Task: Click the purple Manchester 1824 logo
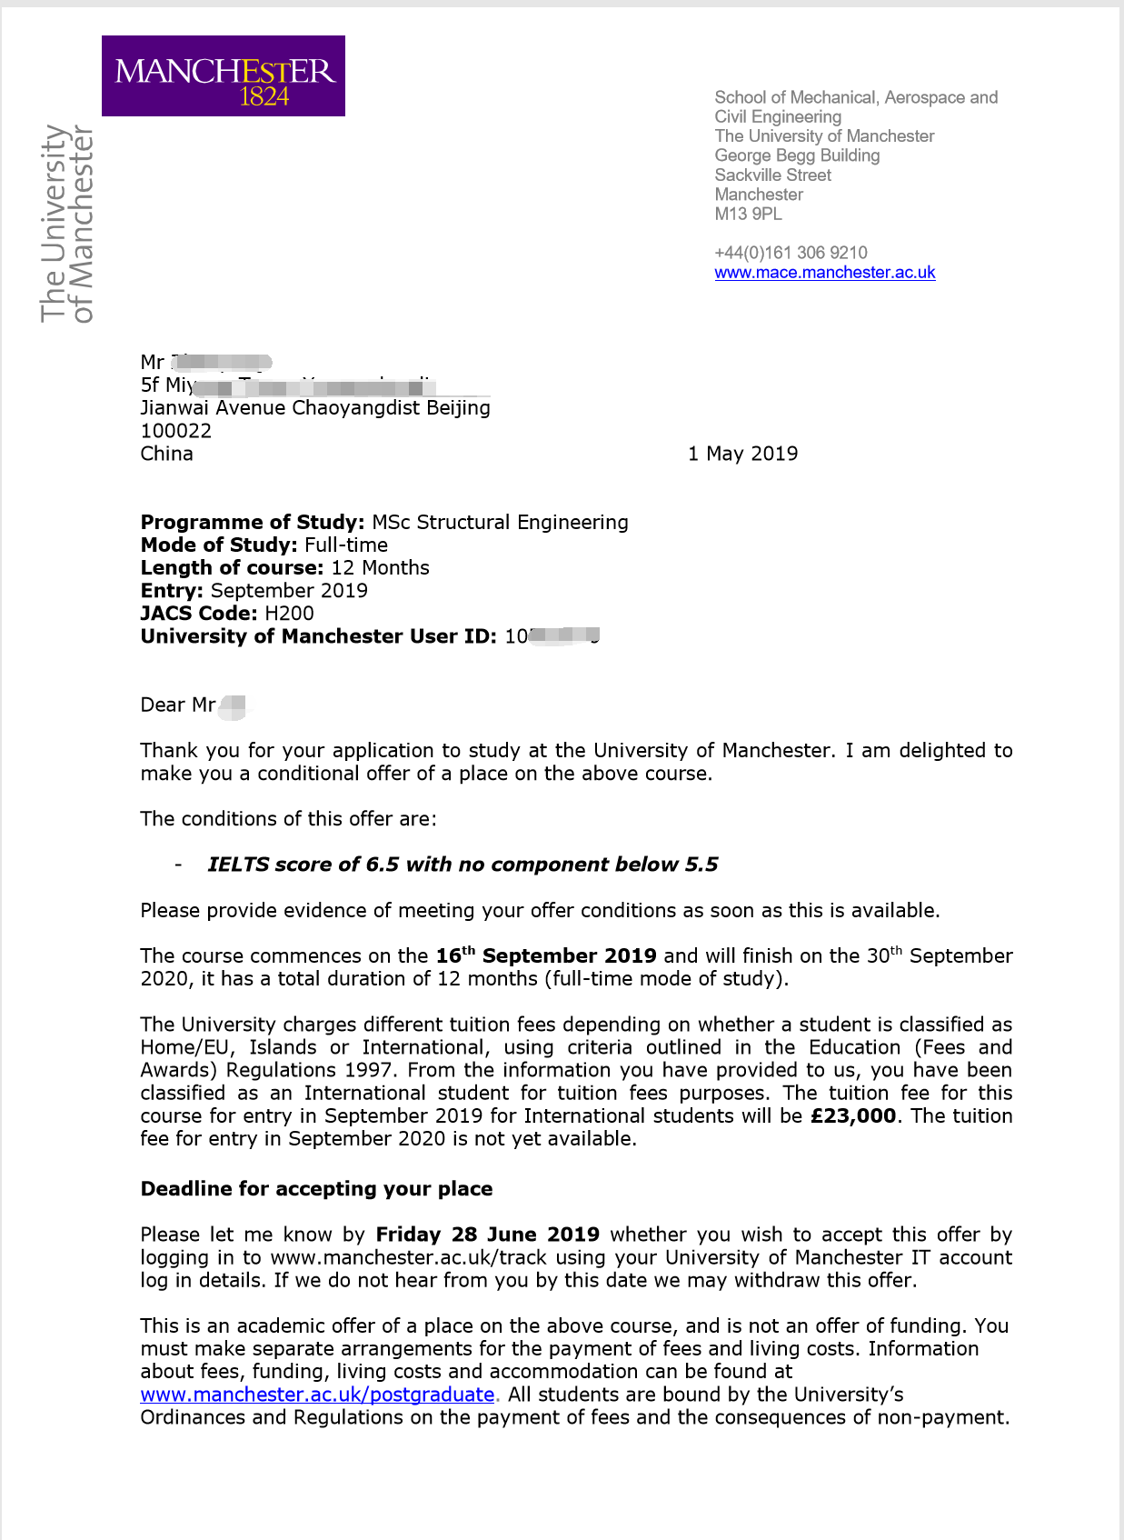pos(223,75)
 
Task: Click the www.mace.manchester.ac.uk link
pos(824,272)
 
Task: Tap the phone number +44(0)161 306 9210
pos(791,253)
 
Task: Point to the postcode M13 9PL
pos(748,214)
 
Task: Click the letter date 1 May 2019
pos(742,454)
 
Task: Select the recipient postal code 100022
pos(175,431)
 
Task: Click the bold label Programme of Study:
pos(252,522)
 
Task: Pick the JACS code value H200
pos(289,614)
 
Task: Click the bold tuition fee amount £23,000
pos(852,1115)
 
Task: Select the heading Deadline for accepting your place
pos(316,1189)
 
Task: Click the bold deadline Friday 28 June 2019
pos(487,1235)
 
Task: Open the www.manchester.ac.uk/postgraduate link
pos(317,1395)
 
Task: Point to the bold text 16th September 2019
pos(545,955)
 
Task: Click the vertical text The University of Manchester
pos(67,224)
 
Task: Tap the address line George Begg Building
pos(797,155)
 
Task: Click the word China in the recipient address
pos(166,454)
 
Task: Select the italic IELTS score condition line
pos(463,865)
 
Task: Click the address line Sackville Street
pos(772,175)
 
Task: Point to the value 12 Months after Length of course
pos(380,568)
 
